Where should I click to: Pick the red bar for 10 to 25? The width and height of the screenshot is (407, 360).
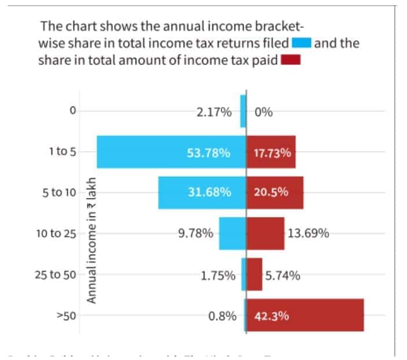tap(266, 233)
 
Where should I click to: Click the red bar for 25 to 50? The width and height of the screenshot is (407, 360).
tap(255, 274)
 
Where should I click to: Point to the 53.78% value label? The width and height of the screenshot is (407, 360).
tap(208, 153)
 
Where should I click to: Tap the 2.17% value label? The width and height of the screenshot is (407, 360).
tap(214, 112)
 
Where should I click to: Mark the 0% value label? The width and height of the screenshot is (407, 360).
tap(263, 112)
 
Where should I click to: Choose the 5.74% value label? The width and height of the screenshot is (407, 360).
tap(283, 275)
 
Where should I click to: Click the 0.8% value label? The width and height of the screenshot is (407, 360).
tap(222, 317)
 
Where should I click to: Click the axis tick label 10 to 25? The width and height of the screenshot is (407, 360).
tap(56, 234)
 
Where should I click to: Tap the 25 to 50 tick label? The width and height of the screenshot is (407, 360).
tap(56, 275)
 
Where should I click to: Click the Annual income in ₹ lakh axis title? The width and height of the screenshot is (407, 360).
tap(91, 240)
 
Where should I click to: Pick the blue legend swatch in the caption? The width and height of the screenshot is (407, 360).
tap(302, 43)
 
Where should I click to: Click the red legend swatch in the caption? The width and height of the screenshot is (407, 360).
tap(290, 60)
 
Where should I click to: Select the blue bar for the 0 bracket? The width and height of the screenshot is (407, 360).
tap(243, 111)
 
